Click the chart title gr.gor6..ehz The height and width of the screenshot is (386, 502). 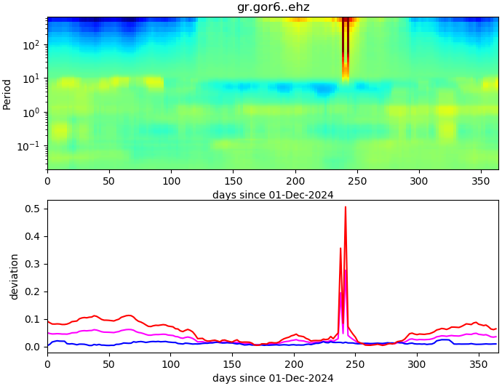click(x=273, y=7)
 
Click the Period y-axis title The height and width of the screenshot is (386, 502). click(x=7, y=94)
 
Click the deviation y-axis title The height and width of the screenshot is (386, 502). click(x=15, y=277)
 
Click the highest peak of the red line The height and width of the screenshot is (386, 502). click(x=345, y=207)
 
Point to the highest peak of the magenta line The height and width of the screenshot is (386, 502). click(x=345, y=270)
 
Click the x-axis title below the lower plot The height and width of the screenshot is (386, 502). click(x=273, y=378)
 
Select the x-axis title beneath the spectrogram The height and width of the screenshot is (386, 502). click(x=273, y=195)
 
